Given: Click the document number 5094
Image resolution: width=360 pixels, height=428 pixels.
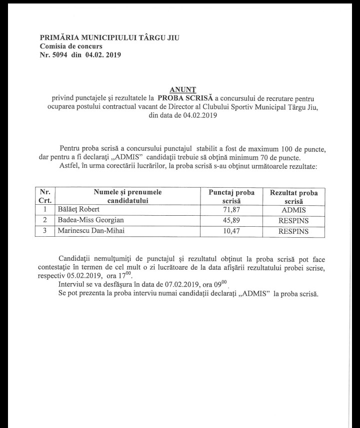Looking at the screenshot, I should coord(61,54).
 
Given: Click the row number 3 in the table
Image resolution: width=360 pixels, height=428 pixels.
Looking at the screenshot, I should coord(45,231).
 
